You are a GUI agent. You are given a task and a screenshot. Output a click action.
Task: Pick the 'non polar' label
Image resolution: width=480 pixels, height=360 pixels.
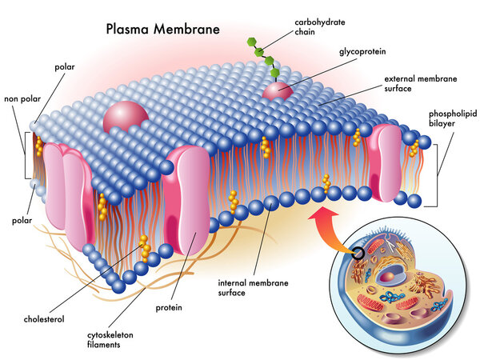click(x=22, y=99)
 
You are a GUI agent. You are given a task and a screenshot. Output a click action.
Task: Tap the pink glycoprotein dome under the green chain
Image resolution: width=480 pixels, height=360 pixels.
click(x=278, y=90)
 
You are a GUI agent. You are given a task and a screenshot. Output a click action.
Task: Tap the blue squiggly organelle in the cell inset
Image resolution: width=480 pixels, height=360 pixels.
click(x=392, y=298)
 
